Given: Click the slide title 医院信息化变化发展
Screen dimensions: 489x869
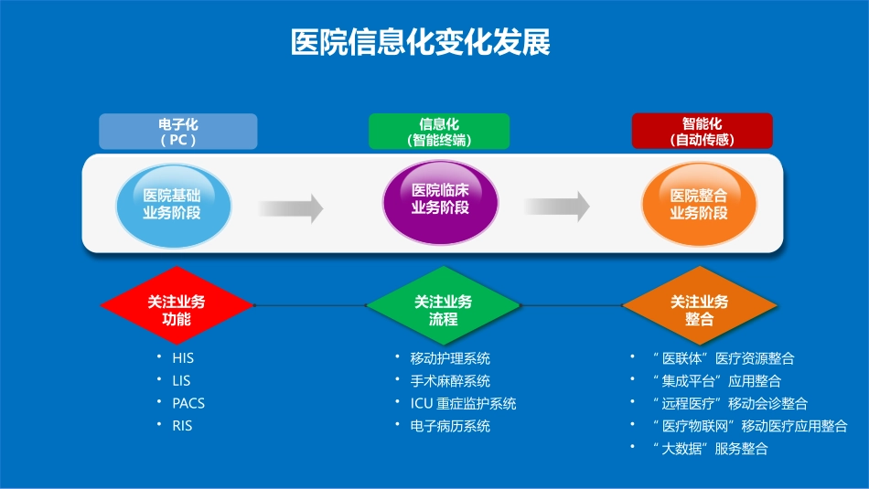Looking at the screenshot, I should tap(421, 43).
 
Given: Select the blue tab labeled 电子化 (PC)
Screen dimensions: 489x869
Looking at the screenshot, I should tap(177, 132).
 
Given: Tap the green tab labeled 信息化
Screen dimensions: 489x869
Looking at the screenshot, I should tap(439, 132).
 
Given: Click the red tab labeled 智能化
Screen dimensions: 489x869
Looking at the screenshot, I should tap(702, 132).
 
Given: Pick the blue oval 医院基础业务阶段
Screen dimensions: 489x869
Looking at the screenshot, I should tap(172, 204).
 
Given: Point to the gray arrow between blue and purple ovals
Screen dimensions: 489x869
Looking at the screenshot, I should tap(291, 207).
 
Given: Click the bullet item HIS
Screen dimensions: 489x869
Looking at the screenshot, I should tap(183, 358).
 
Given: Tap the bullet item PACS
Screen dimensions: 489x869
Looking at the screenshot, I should tap(188, 403).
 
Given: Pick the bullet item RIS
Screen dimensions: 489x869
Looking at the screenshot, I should tap(182, 425).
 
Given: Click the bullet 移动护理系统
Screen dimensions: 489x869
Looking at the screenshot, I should tap(450, 358).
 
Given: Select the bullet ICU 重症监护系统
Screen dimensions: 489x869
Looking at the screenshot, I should tap(463, 403).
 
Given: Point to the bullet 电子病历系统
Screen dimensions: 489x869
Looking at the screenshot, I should tap(450, 426).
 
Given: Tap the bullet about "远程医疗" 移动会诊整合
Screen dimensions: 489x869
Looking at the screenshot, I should tap(729, 403).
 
